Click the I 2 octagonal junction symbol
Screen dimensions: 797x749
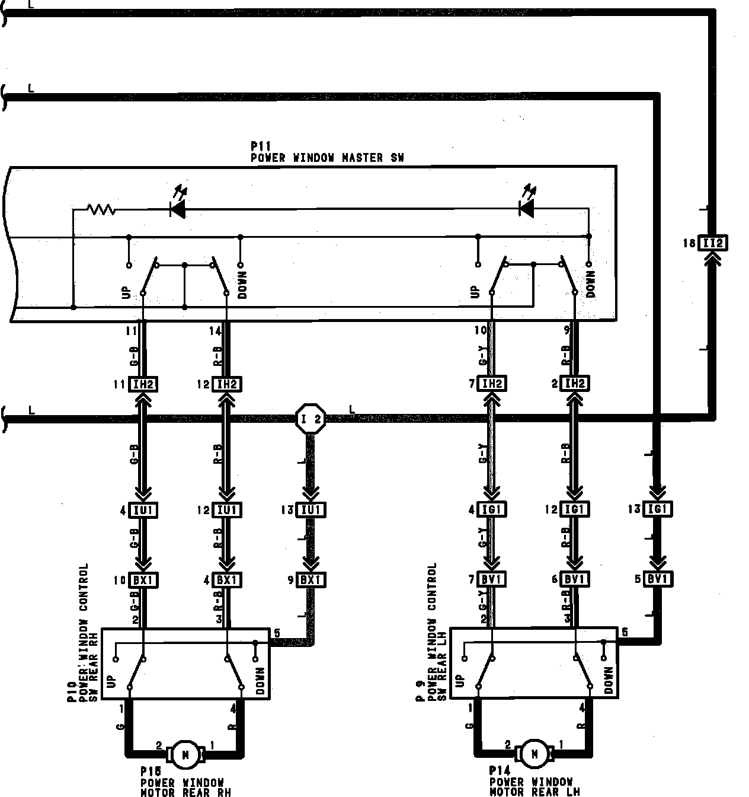(311, 419)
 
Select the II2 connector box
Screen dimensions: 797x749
(712, 243)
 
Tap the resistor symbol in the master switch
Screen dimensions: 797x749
(101, 209)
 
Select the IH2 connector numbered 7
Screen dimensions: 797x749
(491, 384)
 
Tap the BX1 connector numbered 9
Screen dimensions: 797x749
(310, 580)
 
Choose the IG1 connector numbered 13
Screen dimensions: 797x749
(658, 509)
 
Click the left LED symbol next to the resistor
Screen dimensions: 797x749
(177, 208)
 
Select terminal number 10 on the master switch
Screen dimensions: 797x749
(480, 330)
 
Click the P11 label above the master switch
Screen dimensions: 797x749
(261, 146)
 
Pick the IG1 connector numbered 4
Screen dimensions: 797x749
(491, 509)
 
